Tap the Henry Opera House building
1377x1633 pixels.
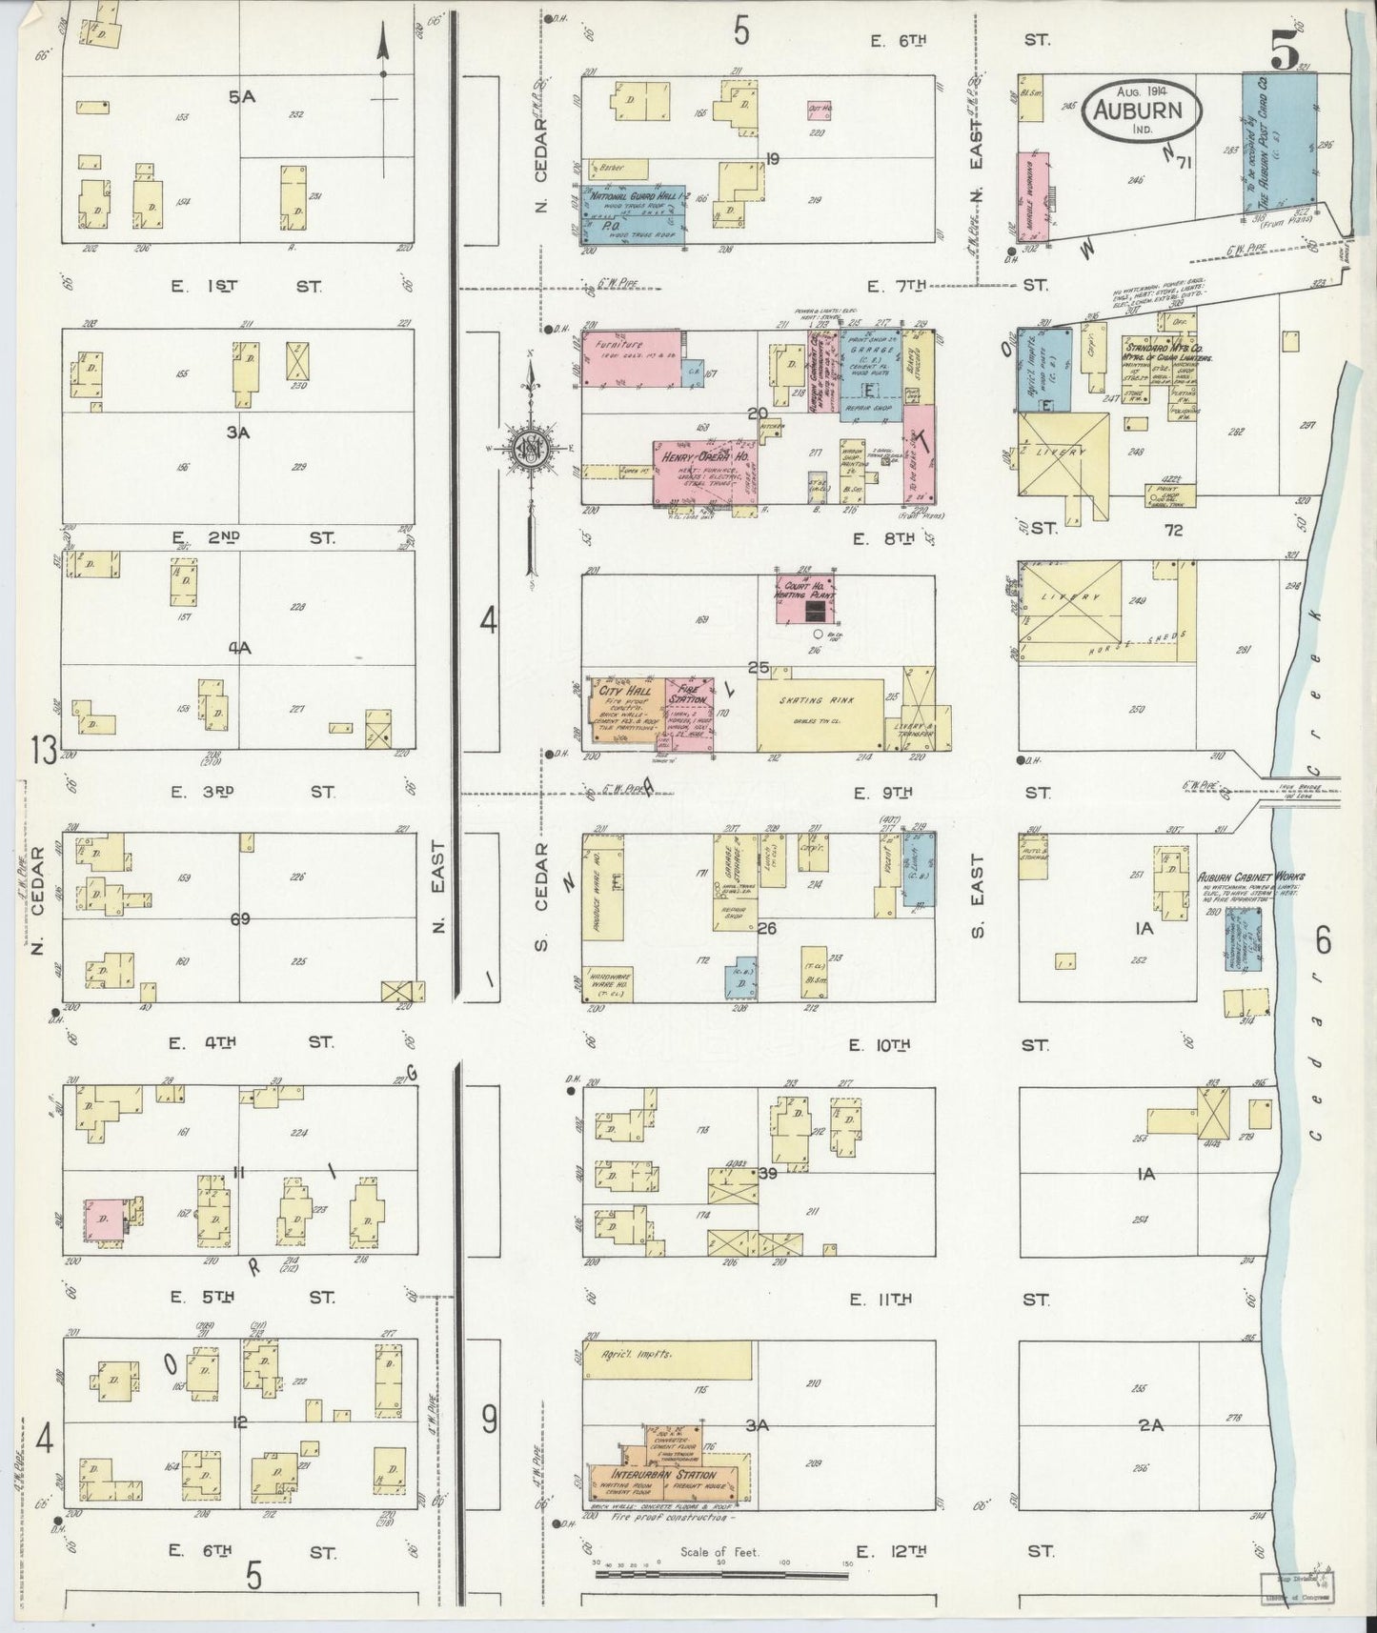click(x=704, y=472)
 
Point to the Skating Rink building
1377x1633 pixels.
click(x=820, y=715)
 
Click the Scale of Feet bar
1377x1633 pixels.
click(x=721, y=1574)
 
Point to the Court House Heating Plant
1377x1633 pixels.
click(x=806, y=599)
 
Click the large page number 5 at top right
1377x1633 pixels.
click(x=1283, y=55)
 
